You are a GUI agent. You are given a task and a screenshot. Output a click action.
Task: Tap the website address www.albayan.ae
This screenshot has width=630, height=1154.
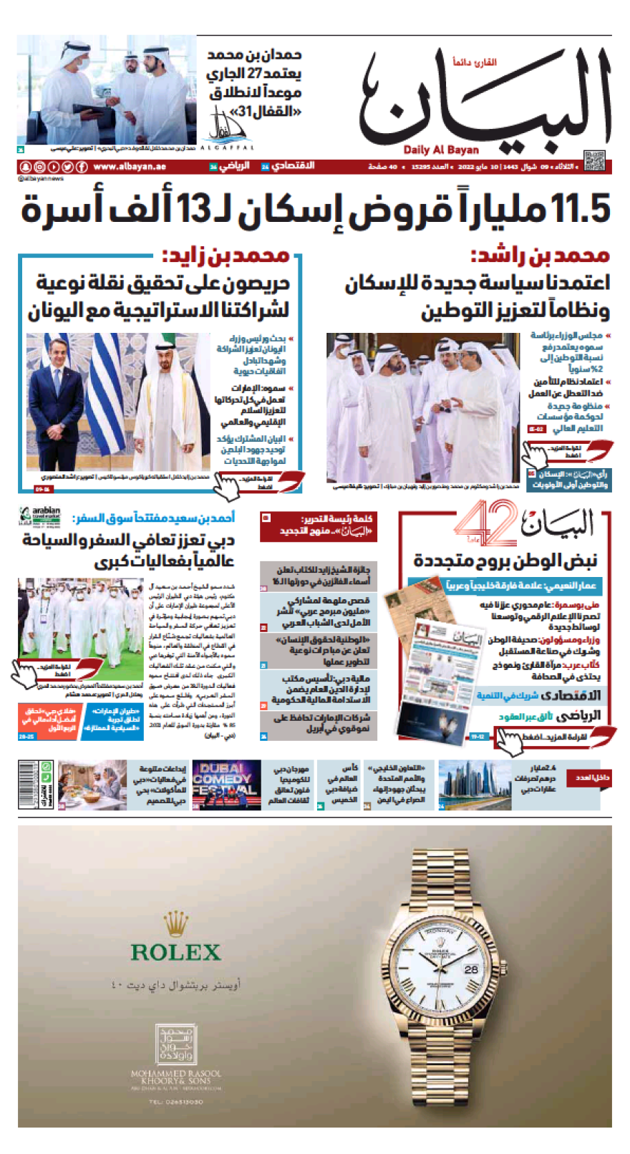click(x=130, y=167)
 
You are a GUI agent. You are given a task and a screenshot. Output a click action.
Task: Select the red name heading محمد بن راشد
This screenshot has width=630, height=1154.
click(x=540, y=256)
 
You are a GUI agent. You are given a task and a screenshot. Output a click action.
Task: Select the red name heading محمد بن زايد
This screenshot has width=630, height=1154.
click(x=226, y=256)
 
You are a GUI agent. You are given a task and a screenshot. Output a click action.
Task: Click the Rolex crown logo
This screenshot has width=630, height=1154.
click(x=175, y=923)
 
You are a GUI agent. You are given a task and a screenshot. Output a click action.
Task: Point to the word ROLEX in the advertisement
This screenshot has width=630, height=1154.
click(x=175, y=953)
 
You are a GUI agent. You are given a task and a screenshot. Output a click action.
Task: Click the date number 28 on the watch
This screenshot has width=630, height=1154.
click(x=471, y=969)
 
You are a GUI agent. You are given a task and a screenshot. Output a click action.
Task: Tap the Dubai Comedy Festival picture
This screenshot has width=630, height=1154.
click(x=226, y=785)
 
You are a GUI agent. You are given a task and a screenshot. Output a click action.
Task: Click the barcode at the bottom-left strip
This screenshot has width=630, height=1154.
click(x=29, y=785)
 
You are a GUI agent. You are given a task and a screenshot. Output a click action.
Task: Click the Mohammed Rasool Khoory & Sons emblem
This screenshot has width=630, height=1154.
click(x=175, y=1044)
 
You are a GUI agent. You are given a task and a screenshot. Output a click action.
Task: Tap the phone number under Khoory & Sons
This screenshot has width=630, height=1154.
click(x=176, y=1102)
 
